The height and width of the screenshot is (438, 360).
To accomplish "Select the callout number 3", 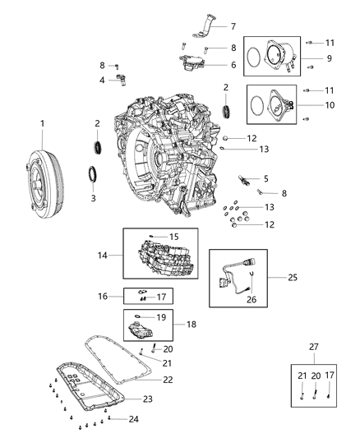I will click(x=93, y=198).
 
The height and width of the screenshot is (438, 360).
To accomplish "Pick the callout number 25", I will click(x=293, y=278).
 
